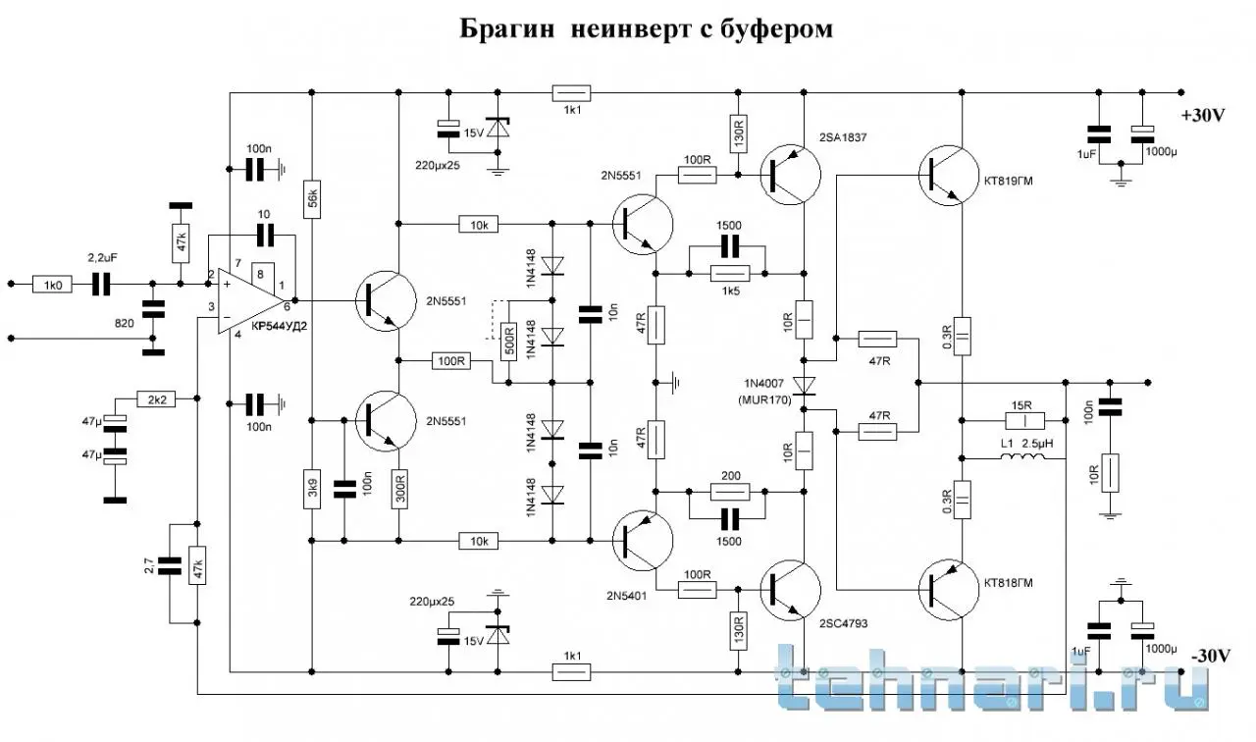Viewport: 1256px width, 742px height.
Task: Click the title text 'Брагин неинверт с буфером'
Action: tap(647, 29)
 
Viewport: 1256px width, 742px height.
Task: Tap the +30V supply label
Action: tap(1204, 115)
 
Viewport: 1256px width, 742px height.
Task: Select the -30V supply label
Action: tap(1208, 656)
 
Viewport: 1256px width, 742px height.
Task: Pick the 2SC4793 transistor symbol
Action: tap(789, 588)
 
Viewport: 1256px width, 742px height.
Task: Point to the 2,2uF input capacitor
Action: tap(102, 285)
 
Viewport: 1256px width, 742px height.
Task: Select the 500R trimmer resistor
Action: tap(508, 341)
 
